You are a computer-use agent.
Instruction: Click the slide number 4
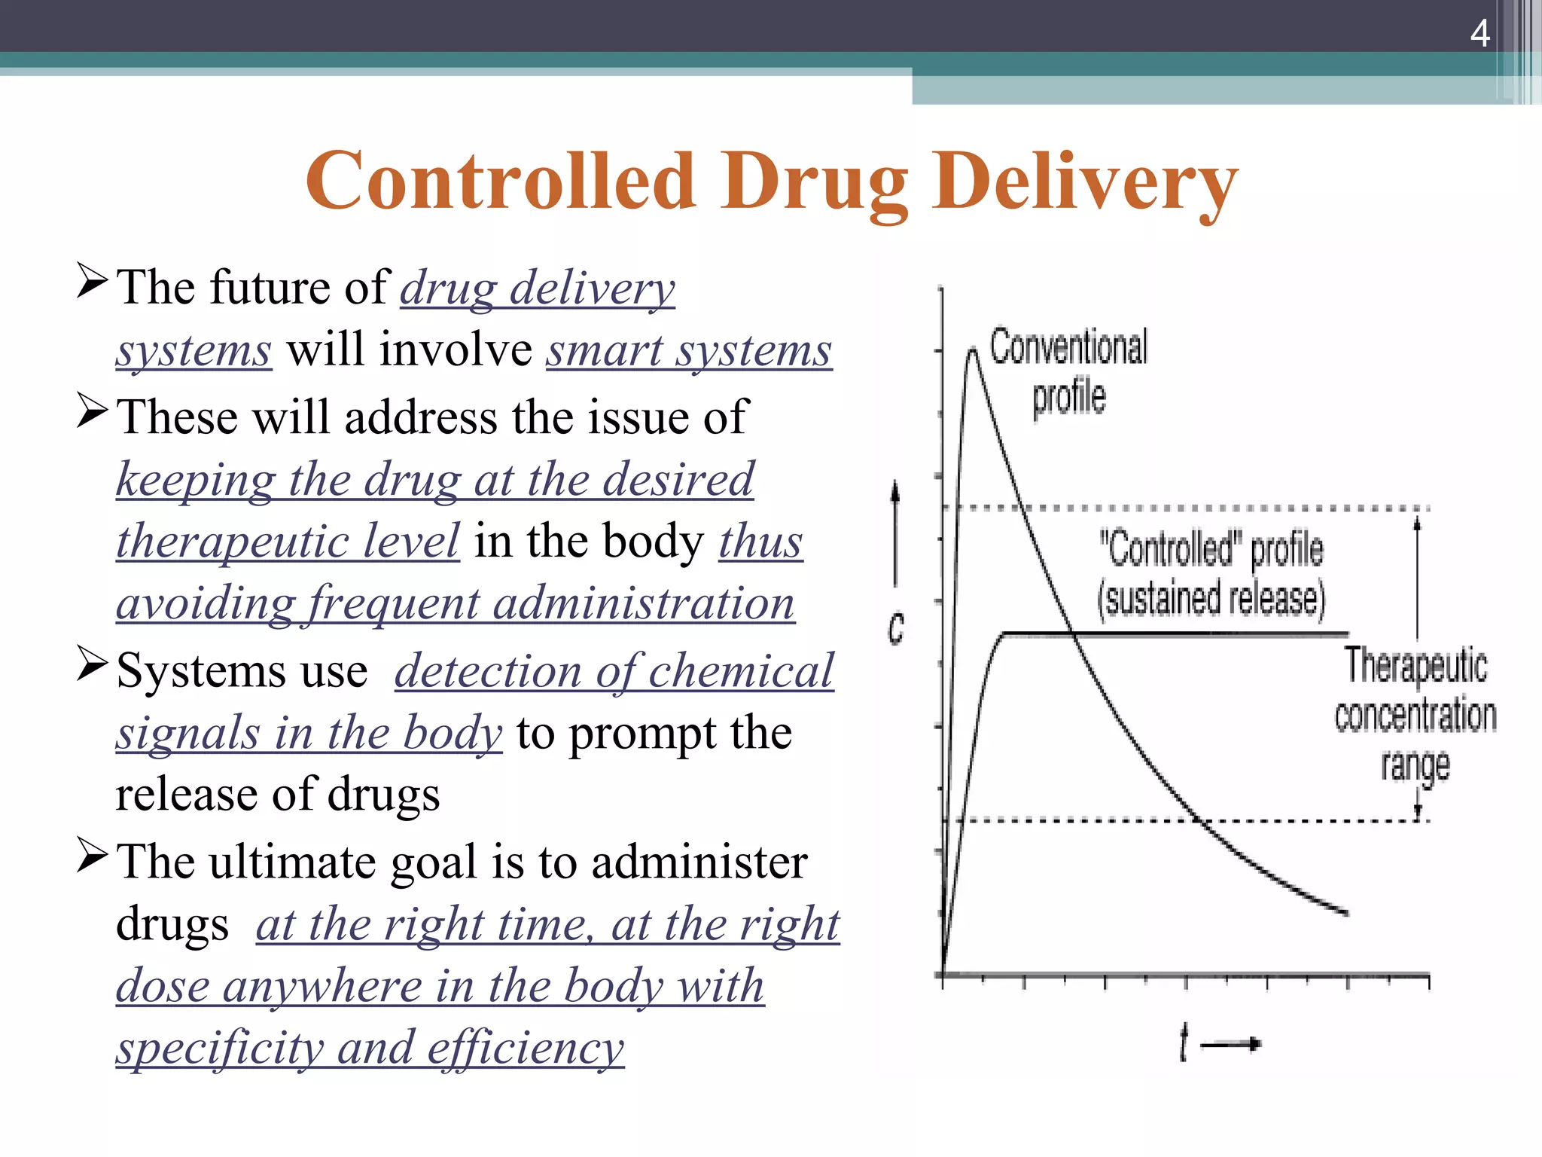1480,33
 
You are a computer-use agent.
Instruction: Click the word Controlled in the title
500,181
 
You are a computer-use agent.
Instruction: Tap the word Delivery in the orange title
1085,181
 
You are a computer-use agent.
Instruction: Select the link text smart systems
689,351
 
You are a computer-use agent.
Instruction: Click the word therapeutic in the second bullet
288,542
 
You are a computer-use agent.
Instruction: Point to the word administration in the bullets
644,604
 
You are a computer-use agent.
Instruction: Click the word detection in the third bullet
487,671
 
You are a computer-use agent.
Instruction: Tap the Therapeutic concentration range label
1416,714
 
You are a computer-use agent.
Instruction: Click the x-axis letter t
1184,1043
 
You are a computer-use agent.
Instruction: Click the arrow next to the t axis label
1230,1044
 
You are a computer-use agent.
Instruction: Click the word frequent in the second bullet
392,604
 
